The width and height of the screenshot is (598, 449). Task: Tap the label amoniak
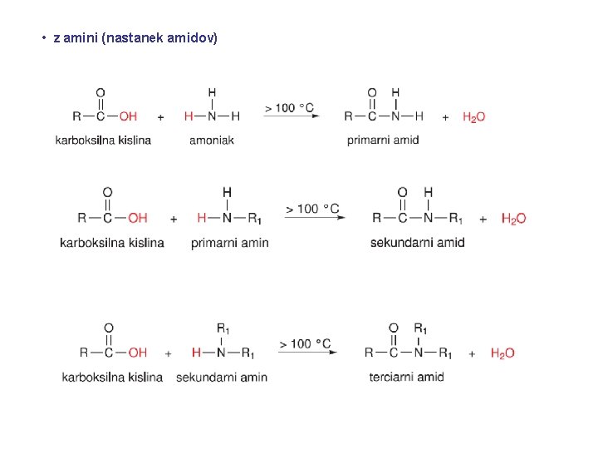click(x=212, y=141)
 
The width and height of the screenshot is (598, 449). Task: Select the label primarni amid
click(x=383, y=141)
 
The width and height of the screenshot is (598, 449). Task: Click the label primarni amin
click(x=230, y=243)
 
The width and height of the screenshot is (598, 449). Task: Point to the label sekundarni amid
click(x=418, y=243)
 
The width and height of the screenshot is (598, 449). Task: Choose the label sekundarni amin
click(x=222, y=377)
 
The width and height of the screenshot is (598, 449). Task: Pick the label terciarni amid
click(x=406, y=377)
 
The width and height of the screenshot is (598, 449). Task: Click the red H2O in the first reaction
click(x=474, y=117)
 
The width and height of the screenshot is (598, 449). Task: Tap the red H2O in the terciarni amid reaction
click(x=502, y=353)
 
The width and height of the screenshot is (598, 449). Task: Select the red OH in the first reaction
click(x=128, y=116)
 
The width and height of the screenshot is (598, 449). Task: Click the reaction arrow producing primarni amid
click(x=292, y=116)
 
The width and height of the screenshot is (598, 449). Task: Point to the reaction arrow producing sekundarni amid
click(x=315, y=217)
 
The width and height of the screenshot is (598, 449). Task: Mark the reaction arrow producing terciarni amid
click(x=307, y=352)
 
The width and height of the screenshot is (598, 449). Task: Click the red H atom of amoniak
click(x=189, y=116)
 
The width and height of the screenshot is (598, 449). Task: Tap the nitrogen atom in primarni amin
click(x=227, y=218)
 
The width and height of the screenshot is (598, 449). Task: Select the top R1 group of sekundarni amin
click(x=223, y=328)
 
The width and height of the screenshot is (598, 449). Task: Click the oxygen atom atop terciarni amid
click(x=394, y=328)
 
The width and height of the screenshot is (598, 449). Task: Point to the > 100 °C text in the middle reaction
click(x=312, y=209)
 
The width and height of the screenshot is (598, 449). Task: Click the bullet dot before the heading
click(x=44, y=37)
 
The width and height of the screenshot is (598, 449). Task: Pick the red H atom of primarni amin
click(x=202, y=218)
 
